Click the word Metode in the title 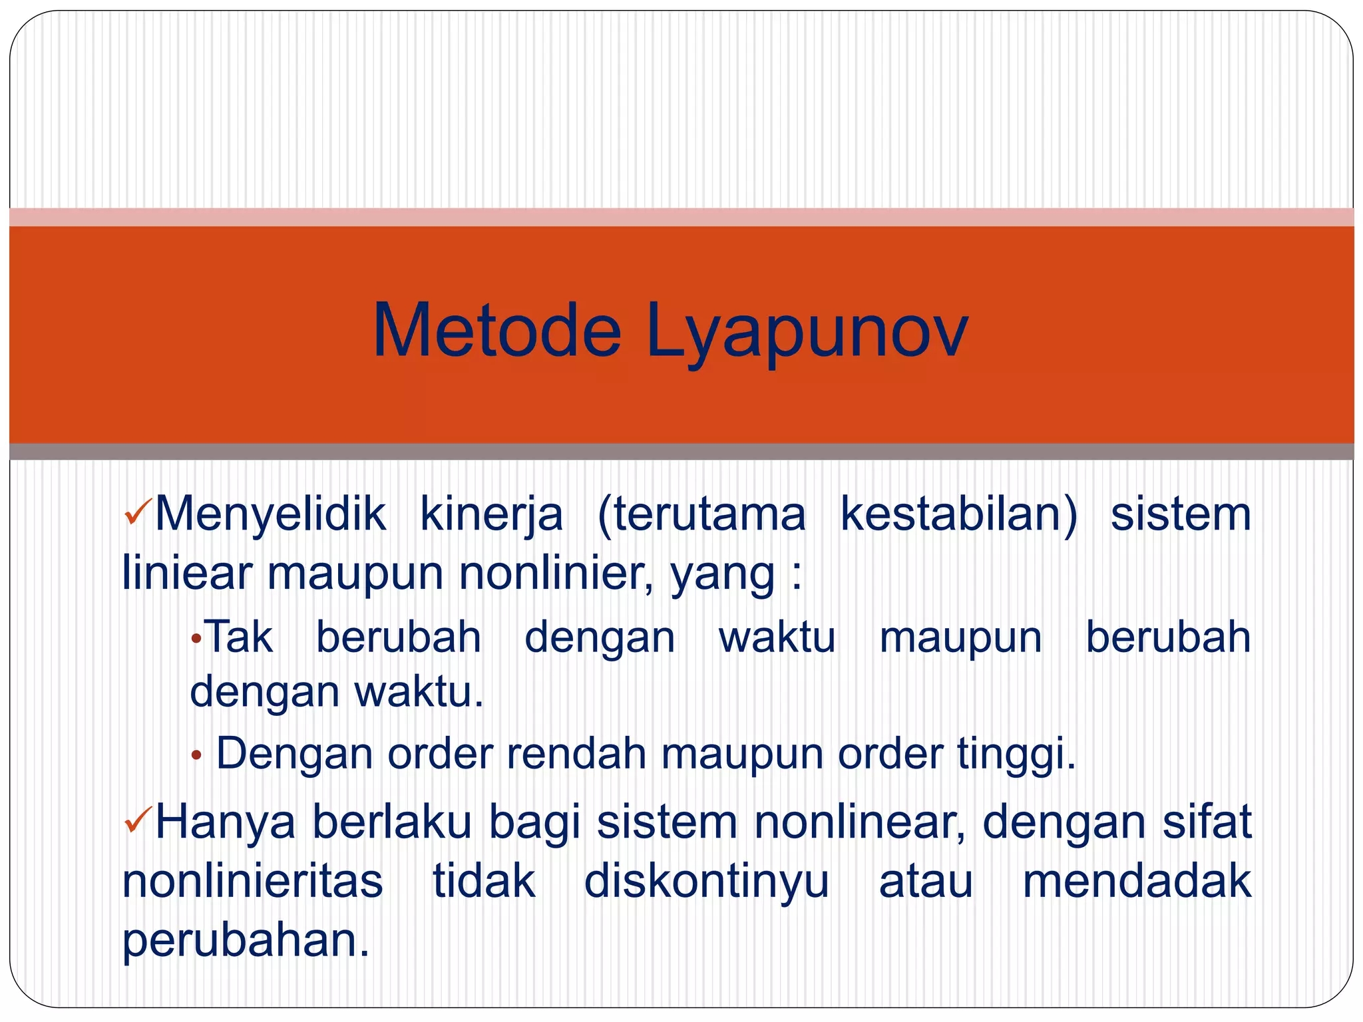pyautogui.click(x=496, y=331)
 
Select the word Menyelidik pyautogui.click(x=270, y=514)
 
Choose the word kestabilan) pyautogui.click(x=958, y=514)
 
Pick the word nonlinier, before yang pyautogui.click(x=556, y=573)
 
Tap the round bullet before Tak pyautogui.click(x=196, y=639)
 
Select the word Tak pyautogui.click(x=238, y=637)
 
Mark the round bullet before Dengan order pyautogui.click(x=196, y=755)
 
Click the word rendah pyautogui.click(x=576, y=754)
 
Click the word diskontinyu pyautogui.click(x=706, y=882)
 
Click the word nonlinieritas pyautogui.click(x=253, y=882)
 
